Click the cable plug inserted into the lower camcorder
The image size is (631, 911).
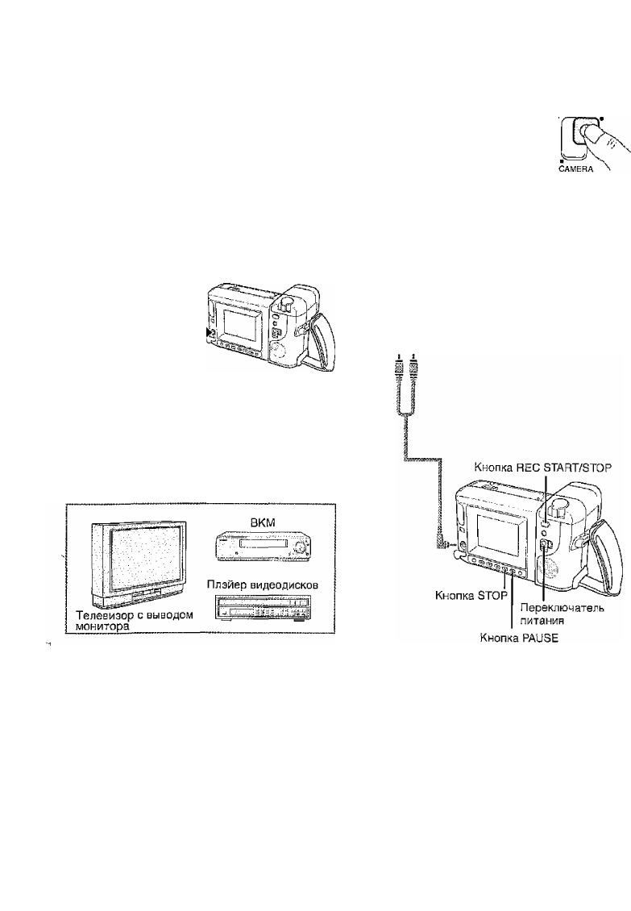[x=445, y=546]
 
